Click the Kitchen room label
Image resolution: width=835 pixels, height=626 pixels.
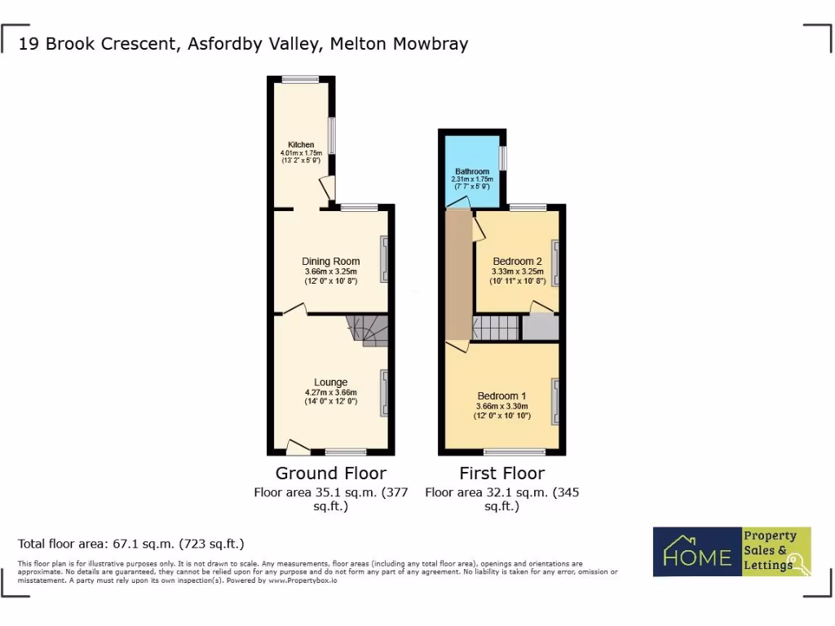[301, 145]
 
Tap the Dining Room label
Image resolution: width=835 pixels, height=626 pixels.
[330, 262]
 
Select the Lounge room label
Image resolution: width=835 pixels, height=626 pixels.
[330, 382]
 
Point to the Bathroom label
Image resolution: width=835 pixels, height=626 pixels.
[472, 172]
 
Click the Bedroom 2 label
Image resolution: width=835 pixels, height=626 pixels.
[517, 262]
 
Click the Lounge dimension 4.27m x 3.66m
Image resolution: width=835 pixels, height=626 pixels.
[330, 392]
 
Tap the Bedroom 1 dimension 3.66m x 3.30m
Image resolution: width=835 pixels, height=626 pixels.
[501, 407]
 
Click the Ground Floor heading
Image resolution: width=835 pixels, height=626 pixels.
[330, 473]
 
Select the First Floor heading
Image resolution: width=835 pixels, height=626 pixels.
[501, 473]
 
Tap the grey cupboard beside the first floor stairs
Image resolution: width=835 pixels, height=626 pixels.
[540, 328]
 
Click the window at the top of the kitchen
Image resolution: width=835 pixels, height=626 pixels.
[301, 79]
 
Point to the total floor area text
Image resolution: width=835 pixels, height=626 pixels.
[131, 543]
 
